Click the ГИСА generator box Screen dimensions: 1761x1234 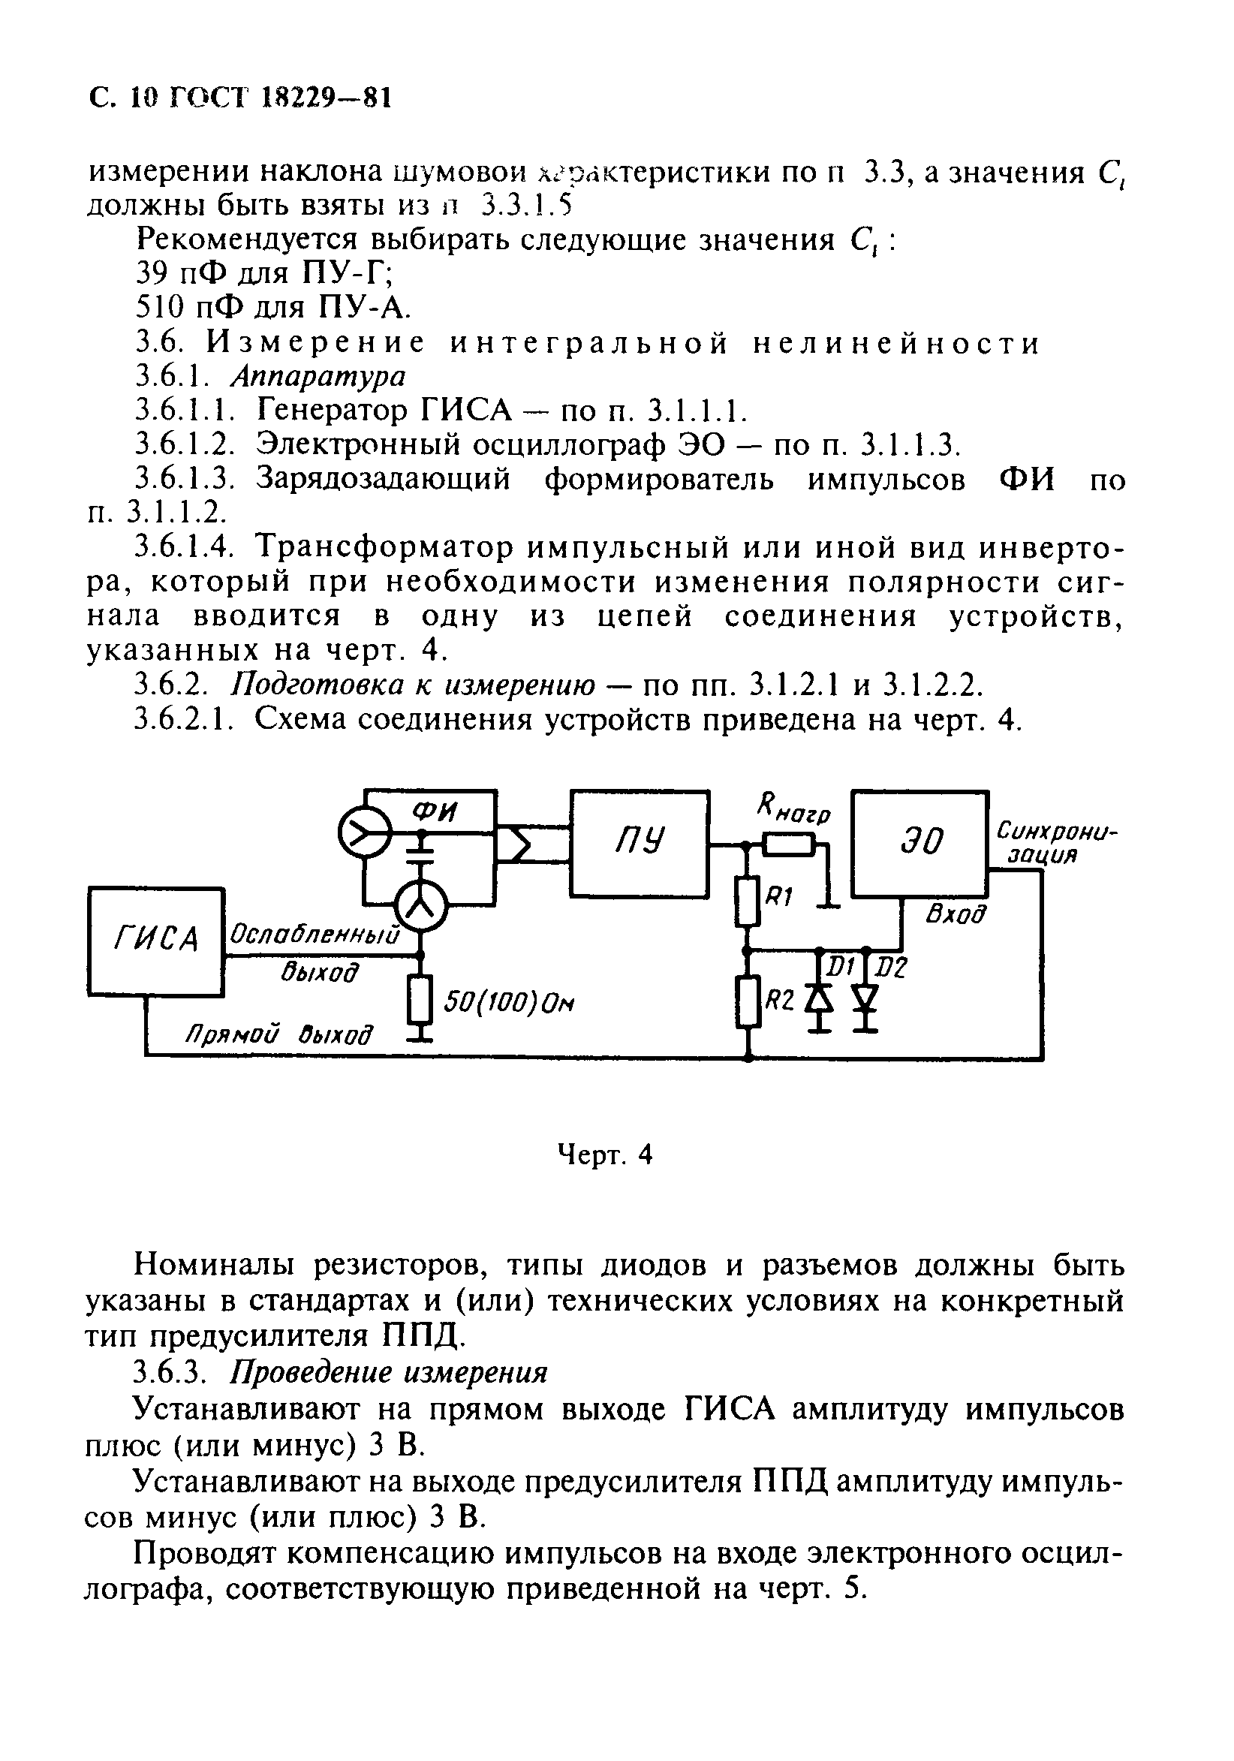[155, 941]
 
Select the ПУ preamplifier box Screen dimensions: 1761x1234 [639, 843]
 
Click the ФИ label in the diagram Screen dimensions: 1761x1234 [434, 811]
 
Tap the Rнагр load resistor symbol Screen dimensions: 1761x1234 [789, 845]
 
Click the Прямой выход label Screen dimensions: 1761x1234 [278, 1034]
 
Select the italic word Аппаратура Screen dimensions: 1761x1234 [318, 376]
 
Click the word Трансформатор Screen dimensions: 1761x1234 [387, 548]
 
